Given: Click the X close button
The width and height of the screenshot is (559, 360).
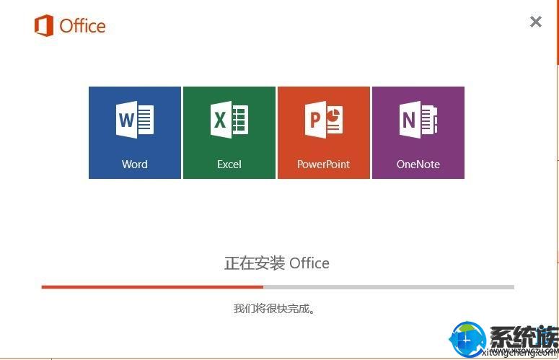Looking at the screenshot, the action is [535, 22].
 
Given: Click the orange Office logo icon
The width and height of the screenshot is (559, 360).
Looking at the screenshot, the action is [44, 26].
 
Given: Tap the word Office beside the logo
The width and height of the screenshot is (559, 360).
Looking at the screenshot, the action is [82, 26].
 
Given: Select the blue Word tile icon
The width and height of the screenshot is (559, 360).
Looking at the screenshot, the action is [135, 120].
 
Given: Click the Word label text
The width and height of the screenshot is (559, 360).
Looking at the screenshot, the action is [134, 164].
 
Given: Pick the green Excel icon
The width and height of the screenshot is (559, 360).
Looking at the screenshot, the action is [229, 120].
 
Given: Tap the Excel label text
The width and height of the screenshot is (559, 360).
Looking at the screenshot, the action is [229, 164].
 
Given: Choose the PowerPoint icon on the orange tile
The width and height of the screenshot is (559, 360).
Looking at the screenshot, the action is [324, 120].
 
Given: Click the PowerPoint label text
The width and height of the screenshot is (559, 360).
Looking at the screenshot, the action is [323, 164].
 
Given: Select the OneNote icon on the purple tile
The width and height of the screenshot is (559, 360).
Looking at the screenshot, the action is [418, 120].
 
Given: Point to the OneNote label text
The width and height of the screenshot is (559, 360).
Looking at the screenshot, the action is [418, 164].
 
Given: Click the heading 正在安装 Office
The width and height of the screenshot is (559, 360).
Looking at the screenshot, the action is [277, 263].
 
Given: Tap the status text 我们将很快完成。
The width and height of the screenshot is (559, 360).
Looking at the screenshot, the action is [275, 308].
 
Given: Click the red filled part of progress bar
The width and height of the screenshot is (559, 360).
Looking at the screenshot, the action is [152, 287].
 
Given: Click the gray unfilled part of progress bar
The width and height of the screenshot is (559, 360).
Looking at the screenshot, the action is [389, 287].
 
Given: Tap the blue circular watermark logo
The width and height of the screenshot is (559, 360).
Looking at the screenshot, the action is [467, 339].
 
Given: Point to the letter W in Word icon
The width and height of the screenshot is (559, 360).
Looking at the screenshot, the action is [126, 120].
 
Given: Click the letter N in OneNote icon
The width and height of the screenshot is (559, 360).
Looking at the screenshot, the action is [408, 120].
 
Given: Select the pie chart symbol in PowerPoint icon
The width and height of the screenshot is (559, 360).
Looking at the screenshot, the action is [333, 115].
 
